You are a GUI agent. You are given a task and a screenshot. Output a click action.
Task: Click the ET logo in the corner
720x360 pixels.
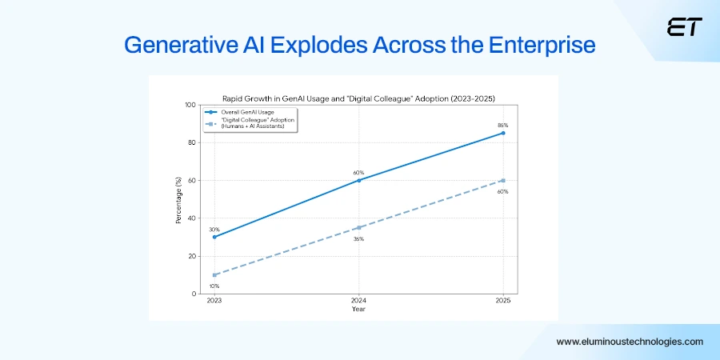(x=684, y=28)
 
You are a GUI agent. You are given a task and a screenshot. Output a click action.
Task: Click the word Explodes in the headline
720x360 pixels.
(x=321, y=46)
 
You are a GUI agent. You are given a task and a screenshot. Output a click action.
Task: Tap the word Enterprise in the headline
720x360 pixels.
(x=547, y=46)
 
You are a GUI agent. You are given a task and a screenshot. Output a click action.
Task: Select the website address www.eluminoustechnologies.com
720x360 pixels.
(x=630, y=342)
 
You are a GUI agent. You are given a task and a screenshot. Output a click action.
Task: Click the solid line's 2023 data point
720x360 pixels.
(x=214, y=237)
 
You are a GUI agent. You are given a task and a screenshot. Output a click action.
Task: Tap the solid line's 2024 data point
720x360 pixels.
(x=358, y=180)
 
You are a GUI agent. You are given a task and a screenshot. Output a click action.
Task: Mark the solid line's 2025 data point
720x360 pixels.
(x=503, y=133)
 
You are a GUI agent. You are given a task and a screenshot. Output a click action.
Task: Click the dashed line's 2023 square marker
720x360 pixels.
(x=214, y=275)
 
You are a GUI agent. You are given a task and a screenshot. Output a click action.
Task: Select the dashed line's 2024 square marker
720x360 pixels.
(x=358, y=227)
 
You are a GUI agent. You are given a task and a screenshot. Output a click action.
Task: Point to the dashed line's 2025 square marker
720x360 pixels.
(x=503, y=180)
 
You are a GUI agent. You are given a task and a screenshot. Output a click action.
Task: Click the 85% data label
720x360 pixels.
(x=503, y=125)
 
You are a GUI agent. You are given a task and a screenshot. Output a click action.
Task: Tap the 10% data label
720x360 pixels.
(x=214, y=286)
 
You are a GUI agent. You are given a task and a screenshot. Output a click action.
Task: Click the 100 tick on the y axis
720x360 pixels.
(x=190, y=105)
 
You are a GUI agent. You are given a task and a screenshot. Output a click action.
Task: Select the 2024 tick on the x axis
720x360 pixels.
(x=358, y=301)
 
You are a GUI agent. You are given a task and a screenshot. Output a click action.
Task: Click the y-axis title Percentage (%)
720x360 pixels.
(x=179, y=199)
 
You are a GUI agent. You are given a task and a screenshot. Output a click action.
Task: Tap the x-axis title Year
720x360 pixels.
(x=358, y=309)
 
